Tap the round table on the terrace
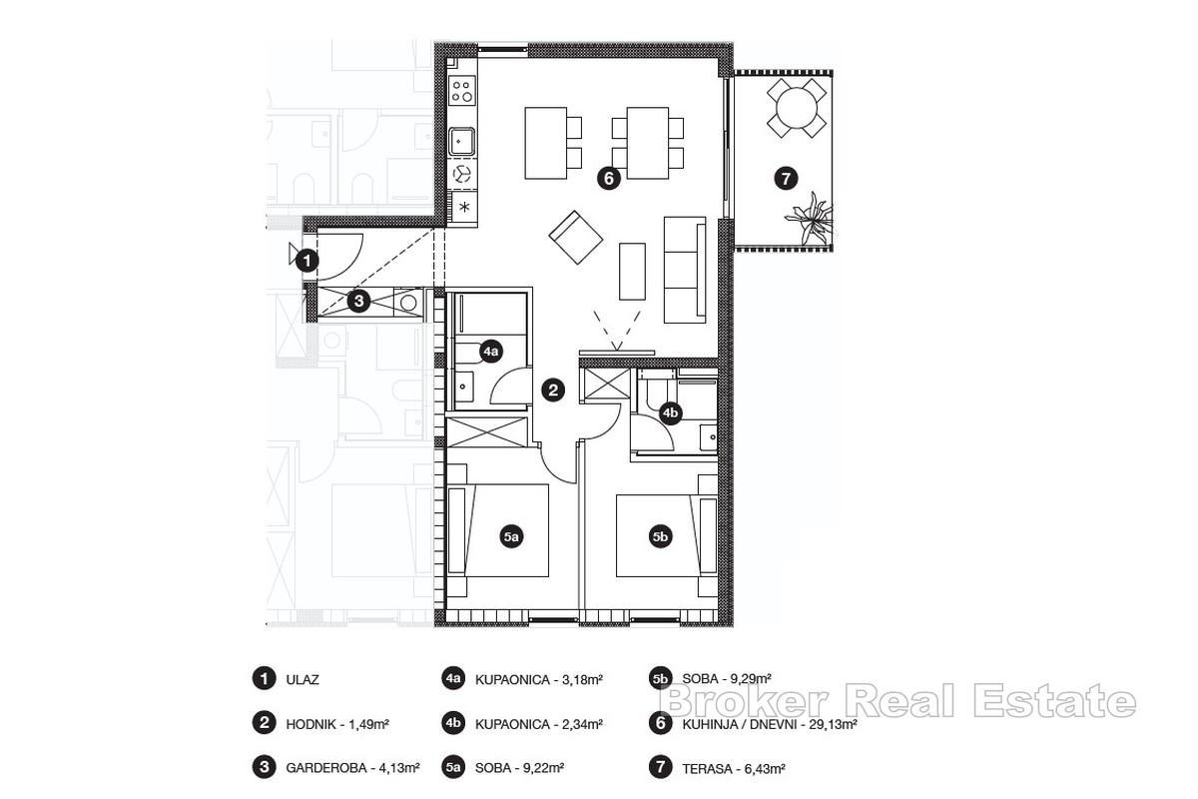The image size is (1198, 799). click(796, 108)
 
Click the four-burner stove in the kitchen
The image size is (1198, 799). click(462, 93)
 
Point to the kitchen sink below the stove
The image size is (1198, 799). click(462, 141)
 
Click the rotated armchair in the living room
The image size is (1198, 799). click(575, 237)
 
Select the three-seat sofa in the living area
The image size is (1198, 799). click(686, 268)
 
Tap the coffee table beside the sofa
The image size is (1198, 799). click(632, 270)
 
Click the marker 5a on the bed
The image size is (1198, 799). click(510, 537)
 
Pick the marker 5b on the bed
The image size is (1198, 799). click(660, 537)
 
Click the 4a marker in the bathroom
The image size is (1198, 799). click(490, 351)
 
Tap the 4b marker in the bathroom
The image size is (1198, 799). click(671, 411)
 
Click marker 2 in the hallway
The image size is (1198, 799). click(553, 391)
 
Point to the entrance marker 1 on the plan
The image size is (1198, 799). click(308, 261)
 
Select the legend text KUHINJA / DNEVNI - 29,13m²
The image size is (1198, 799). click(770, 724)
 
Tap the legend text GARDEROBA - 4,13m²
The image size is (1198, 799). click(351, 767)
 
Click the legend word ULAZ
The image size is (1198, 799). click(302, 679)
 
